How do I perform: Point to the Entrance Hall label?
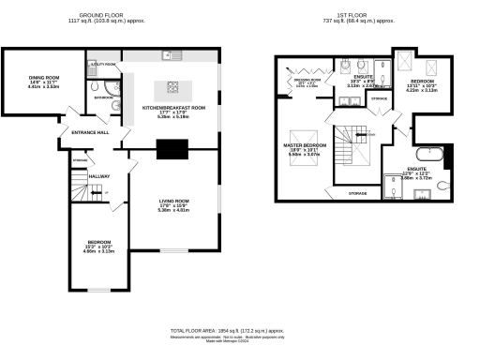coord(91,132)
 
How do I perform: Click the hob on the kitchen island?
coord(172,87)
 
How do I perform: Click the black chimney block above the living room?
coord(172,148)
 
